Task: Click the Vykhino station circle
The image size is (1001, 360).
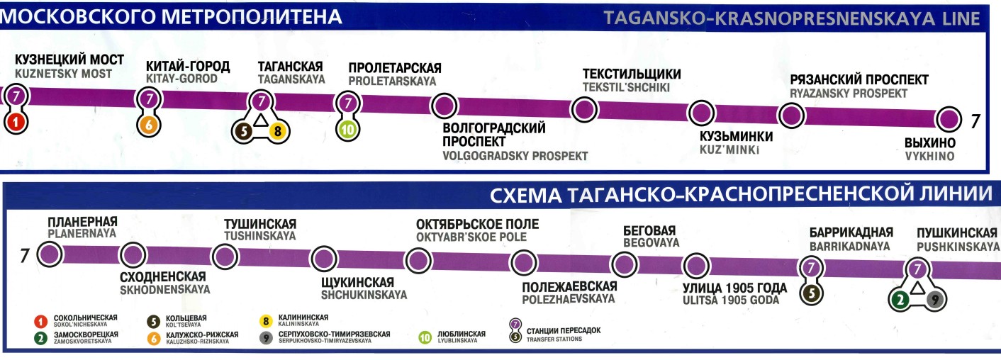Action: point(948,118)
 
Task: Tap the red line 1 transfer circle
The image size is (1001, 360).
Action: point(16,122)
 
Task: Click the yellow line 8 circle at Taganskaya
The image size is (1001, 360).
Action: point(277,130)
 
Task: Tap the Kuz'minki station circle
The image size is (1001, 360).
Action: point(702,113)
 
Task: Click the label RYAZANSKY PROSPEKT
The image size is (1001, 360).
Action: point(848,94)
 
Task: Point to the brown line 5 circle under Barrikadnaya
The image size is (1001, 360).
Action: point(811,293)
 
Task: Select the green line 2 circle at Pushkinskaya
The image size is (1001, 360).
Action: point(901,299)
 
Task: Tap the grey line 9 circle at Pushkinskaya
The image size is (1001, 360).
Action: point(935,300)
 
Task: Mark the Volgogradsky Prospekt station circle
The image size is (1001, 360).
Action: point(444,106)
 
